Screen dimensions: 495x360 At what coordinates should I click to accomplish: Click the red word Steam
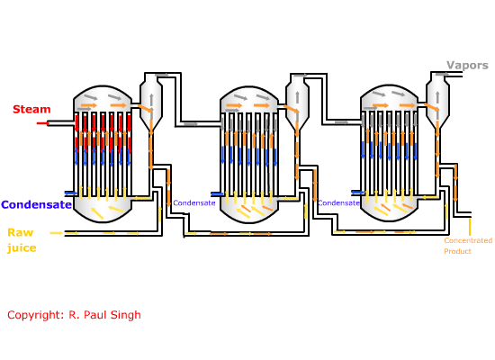coord(31,109)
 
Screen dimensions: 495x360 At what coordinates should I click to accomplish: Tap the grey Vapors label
coord(467,66)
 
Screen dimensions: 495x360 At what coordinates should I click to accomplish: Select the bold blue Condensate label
coord(36,204)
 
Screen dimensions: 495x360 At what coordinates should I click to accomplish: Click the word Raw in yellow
coord(21,233)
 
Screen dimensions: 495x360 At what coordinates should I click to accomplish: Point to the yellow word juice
coord(22,247)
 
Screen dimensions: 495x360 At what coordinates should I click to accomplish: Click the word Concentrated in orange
coord(468,240)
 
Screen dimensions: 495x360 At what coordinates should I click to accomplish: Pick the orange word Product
coord(457,251)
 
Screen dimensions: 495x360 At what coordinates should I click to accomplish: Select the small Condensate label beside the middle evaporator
coord(194,203)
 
